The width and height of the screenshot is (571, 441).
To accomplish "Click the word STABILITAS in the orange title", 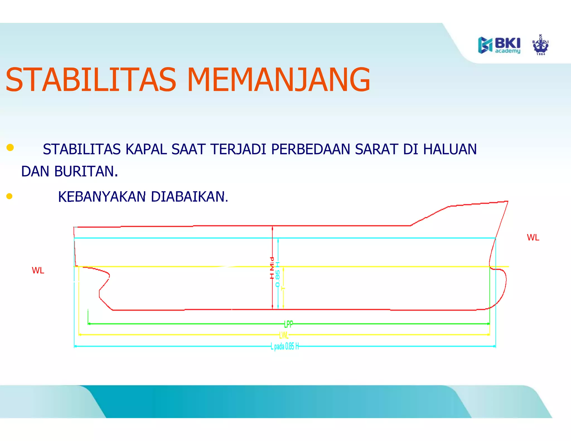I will (91, 80).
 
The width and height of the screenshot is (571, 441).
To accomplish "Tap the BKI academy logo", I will (499, 45).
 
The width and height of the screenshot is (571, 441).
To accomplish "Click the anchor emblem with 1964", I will (541, 45).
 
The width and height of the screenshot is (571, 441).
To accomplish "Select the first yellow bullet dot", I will (10, 147).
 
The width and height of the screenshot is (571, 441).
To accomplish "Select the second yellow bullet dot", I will (9, 196).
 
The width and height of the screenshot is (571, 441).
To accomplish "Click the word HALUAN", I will (450, 149).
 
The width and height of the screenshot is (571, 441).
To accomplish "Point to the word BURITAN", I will (86, 171).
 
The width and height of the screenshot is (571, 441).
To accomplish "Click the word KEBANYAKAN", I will (102, 197).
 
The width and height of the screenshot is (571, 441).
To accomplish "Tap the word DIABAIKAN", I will (189, 197).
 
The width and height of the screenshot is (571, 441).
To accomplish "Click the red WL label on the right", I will (533, 238).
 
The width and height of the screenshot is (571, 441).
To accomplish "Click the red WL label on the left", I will (38, 270).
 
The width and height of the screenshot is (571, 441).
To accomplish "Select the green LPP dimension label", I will (289, 324).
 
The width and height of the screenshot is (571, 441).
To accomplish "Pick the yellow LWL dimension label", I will (284, 335).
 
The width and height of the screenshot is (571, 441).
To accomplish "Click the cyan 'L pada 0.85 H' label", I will (285, 346).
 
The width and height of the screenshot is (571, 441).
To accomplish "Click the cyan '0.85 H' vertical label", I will (278, 275).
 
